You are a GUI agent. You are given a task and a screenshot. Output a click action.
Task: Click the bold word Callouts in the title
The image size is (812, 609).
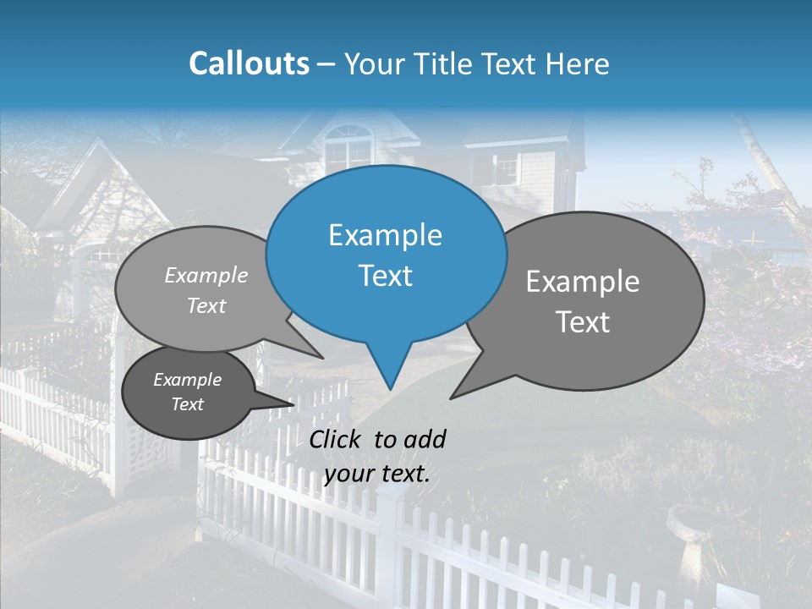[249, 63]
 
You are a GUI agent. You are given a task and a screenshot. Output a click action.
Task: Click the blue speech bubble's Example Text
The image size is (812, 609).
[385, 255]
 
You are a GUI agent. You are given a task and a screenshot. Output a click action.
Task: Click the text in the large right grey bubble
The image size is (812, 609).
[583, 301]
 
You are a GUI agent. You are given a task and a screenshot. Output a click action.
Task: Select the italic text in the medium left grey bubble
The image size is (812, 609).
[206, 290]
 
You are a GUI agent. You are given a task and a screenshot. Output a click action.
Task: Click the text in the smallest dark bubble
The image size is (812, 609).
[188, 392]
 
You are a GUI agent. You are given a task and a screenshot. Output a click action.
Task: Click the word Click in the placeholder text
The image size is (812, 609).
[337, 439]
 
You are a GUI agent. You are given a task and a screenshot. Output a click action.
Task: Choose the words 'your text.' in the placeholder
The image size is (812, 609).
[376, 474]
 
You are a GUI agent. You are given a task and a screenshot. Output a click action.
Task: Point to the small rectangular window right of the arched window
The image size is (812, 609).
[506, 167]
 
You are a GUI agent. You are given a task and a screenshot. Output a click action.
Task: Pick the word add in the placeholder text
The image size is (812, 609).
[425, 439]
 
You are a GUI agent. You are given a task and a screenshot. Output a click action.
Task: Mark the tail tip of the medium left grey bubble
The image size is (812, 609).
[322, 357]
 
